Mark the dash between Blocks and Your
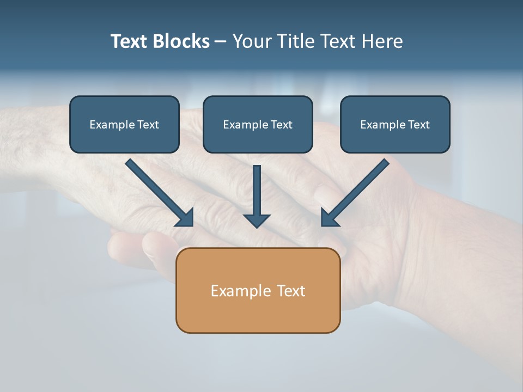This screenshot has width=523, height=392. (221, 42)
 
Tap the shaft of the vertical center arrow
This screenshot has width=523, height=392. (257, 188)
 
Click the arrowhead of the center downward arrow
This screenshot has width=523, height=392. (257, 220)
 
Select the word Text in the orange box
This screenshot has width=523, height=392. (291, 291)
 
